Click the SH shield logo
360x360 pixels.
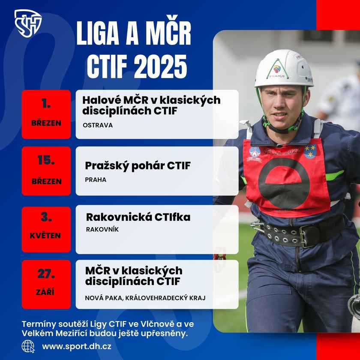pos(28,24)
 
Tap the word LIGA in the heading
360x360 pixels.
pos(98,33)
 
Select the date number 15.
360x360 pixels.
pos(46,160)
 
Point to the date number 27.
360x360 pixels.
pos(46,274)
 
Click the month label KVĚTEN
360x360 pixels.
pos(45,235)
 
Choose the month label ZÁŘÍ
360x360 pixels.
pos(45,292)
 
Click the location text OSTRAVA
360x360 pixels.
pos(98,125)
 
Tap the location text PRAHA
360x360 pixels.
pos(96,180)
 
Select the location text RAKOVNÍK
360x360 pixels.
pos(102,229)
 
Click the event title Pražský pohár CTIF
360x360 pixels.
pos(138,166)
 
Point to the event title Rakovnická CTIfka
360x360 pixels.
pos(138,217)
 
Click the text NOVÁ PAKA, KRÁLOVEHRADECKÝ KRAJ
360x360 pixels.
pos(145,298)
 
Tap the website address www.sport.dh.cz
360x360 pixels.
pos(77,346)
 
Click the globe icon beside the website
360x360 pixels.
pos(28,346)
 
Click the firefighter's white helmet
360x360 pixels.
pos(284,69)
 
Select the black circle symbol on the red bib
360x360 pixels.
pos(284,183)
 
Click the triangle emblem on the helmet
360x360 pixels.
pos(277,69)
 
